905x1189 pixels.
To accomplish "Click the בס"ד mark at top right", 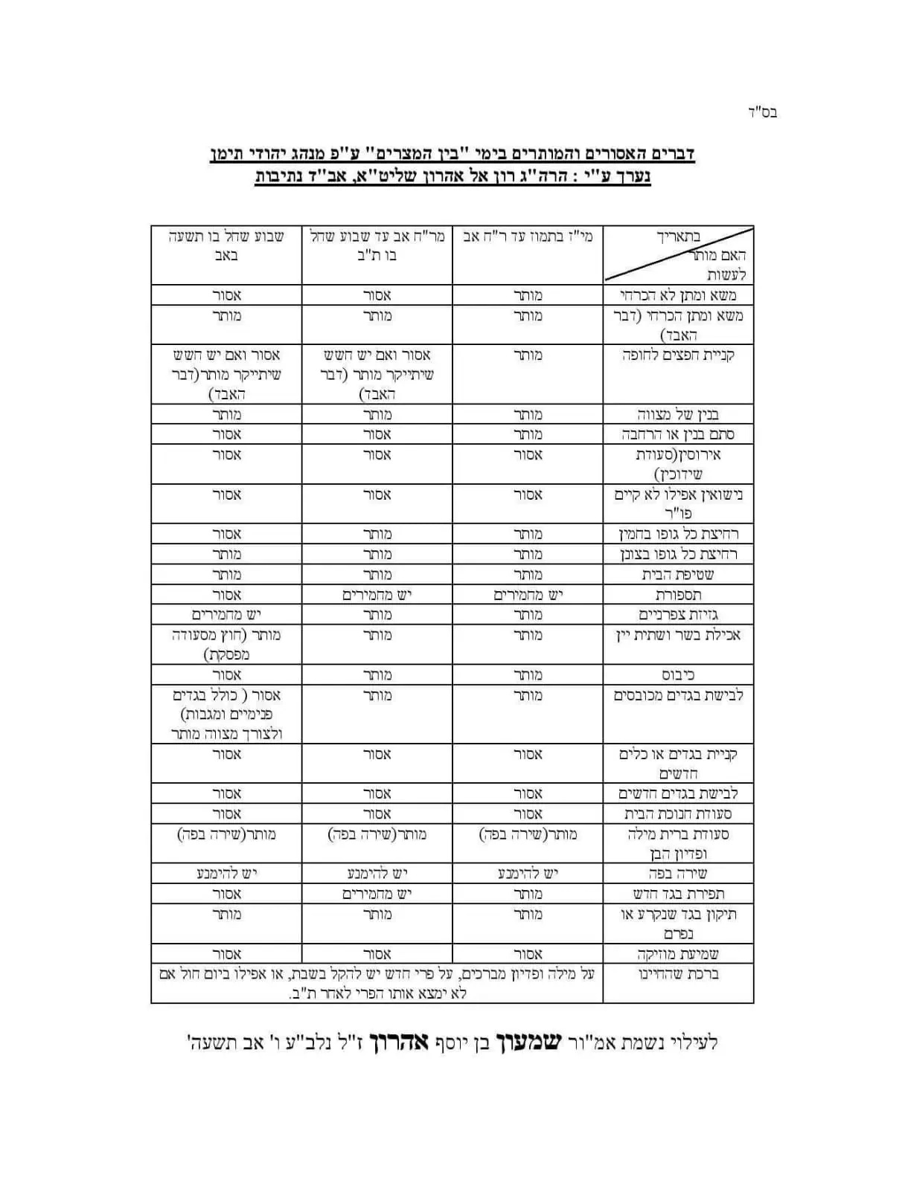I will (x=762, y=113).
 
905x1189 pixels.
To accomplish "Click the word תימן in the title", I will (x=229, y=154).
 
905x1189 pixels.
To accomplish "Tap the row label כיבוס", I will (x=678, y=675).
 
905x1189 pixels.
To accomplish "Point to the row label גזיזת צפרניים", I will (x=678, y=615).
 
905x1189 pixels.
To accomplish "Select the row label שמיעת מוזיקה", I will (x=678, y=954).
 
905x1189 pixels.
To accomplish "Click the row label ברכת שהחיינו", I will (x=678, y=974).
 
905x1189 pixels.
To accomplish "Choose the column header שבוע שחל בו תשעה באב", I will (x=226, y=246).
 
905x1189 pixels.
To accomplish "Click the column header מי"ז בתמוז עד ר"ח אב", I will (x=528, y=237).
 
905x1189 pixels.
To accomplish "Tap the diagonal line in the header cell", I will (x=678, y=254).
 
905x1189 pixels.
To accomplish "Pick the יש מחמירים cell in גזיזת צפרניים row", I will (x=226, y=615).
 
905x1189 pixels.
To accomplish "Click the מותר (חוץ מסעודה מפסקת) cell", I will (x=226, y=644).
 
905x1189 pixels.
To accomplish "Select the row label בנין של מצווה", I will (x=678, y=414).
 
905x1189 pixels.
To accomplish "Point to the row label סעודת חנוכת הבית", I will (x=678, y=814).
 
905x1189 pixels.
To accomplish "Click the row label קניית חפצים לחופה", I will (x=678, y=355).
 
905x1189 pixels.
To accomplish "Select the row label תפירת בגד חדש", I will (x=678, y=894).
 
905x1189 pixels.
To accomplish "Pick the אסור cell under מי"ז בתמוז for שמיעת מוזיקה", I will (x=528, y=954).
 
